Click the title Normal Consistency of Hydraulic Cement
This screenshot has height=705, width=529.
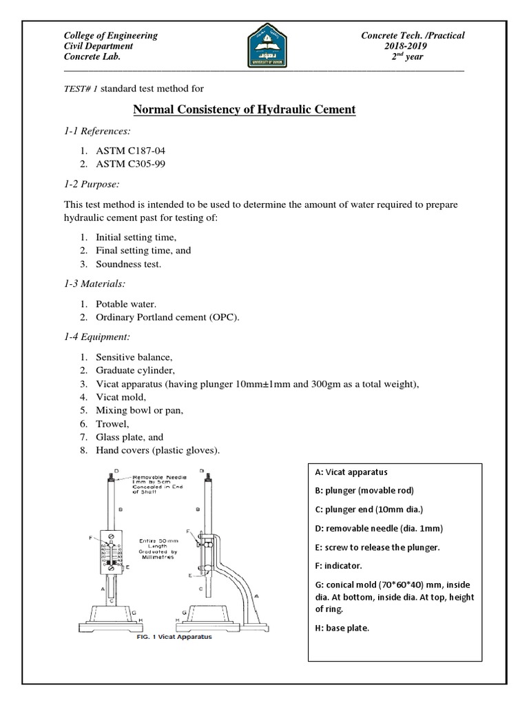[244, 109]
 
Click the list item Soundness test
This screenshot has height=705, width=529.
[129, 264]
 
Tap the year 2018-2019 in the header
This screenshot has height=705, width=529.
[412, 46]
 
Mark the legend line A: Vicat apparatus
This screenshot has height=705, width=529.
[351, 472]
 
